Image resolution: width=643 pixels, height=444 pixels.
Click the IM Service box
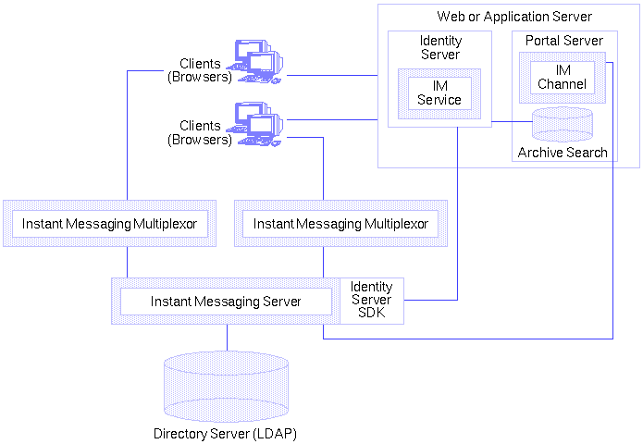click(x=439, y=92)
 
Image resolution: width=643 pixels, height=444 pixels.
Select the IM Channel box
click(x=562, y=76)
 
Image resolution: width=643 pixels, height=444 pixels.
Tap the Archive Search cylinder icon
click(x=563, y=123)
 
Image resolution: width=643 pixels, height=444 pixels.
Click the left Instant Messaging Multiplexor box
click(x=109, y=224)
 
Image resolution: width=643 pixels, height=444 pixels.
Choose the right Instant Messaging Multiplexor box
click(x=340, y=224)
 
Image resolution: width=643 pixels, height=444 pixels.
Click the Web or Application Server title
click(x=513, y=17)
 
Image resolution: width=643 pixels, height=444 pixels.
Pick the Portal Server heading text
click(x=563, y=41)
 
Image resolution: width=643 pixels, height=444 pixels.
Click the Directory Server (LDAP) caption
click(x=225, y=433)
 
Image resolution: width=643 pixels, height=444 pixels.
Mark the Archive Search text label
click(x=563, y=153)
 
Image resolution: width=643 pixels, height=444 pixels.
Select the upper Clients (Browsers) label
click(x=199, y=70)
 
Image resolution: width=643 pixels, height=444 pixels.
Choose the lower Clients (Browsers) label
click(x=199, y=132)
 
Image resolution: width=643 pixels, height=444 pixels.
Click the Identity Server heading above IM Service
click(x=440, y=48)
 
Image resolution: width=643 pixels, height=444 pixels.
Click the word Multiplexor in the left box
click(x=164, y=224)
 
